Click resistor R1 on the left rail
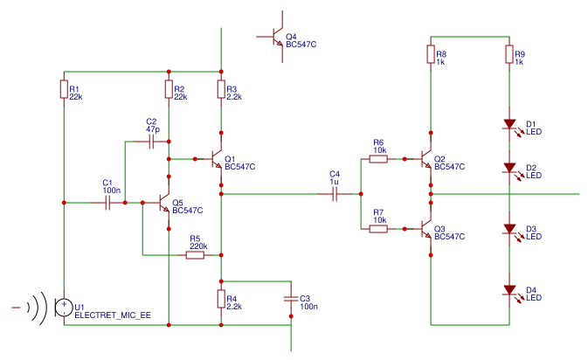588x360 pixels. (x=64, y=89)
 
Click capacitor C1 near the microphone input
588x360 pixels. (x=107, y=203)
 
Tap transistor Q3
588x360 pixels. (x=426, y=229)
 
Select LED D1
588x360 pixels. (x=508, y=124)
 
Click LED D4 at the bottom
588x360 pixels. (x=508, y=290)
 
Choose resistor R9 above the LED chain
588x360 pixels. (x=508, y=54)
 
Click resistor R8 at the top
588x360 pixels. (x=430, y=54)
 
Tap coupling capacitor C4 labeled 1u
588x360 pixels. (x=335, y=195)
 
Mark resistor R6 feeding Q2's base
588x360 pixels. (x=378, y=159)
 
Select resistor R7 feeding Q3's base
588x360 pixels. (x=378, y=229)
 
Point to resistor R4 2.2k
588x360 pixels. (x=221, y=299)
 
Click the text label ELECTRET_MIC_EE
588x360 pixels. (x=113, y=315)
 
